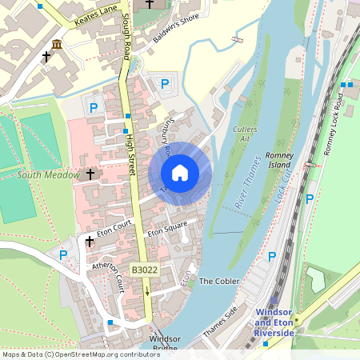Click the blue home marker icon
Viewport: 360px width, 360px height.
[180, 173]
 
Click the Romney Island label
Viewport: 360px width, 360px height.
[281, 159]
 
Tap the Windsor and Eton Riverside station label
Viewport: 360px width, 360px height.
[274, 322]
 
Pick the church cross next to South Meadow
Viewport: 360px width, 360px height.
[90, 174]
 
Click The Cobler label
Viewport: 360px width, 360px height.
[218, 282]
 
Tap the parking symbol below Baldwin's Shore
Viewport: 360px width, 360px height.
[165, 83]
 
